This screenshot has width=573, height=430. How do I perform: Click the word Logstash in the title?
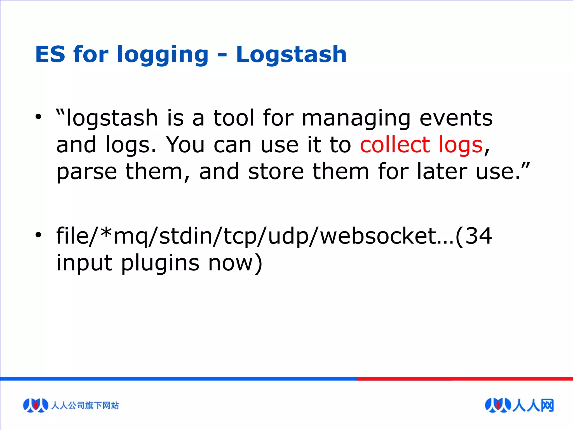pos(291,54)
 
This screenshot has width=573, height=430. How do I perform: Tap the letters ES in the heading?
pos(50,54)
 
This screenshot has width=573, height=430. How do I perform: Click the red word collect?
pos(394,145)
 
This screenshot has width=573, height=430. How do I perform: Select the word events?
pos(456,118)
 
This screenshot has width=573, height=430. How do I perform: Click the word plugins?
pos(160,264)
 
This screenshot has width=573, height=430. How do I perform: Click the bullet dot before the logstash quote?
pos(38,116)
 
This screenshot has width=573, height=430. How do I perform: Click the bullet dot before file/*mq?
pos(38,235)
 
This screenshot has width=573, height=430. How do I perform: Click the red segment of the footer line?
pos(464,379)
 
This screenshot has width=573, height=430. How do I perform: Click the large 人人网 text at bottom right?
pos(533,405)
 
